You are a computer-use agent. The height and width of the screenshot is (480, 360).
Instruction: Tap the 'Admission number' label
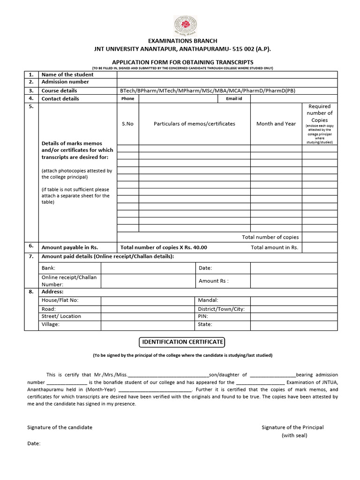[x=65, y=82]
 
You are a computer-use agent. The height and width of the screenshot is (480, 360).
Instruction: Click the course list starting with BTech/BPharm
[x=208, y=90]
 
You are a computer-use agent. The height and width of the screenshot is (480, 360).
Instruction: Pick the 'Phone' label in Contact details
[x=127, y=99]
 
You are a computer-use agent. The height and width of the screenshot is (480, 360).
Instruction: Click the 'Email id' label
[x=234, y=99]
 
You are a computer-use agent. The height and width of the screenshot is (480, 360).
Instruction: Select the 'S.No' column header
[x=127, y=124]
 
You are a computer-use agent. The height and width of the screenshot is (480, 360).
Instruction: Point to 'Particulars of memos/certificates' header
[x=195, y=124]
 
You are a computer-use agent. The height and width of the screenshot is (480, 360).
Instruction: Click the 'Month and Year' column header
[x=276, y=124]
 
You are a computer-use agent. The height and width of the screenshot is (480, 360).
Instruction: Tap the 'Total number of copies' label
[x=270, y=237]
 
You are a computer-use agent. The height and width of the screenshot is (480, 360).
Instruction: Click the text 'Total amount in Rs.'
[x=274, y=247]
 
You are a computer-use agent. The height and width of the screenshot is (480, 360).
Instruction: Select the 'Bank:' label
[x=49, y=268]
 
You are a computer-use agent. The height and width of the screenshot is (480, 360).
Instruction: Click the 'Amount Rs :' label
[x=213, y=281]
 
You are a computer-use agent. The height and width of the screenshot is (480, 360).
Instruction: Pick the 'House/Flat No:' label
[x=60, y=300]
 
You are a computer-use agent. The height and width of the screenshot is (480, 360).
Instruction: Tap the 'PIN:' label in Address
[x=204, y=316]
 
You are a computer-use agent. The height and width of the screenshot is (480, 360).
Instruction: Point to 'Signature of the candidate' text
[x=60, y=427]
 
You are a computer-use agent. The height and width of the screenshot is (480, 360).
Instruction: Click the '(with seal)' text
[x=294, y=435]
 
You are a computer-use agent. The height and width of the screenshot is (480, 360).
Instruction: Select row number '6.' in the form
[x=31, y=246]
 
